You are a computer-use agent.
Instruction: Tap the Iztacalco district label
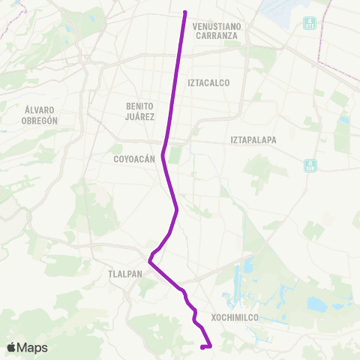coord(208,82)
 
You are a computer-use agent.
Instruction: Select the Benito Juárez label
coord(140,112)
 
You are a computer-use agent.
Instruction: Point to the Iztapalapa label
coord(253,139)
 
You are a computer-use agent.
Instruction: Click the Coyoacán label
coord(133,158)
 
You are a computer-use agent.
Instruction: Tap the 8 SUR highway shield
coord(310,165)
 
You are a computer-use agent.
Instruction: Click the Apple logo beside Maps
coord(13,347)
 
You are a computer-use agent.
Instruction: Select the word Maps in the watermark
coord(32,347)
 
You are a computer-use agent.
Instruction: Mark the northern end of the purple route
coord(184,12)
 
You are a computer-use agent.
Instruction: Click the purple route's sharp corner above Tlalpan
coord(150,262)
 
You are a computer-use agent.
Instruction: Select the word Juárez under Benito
coord(140,117)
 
